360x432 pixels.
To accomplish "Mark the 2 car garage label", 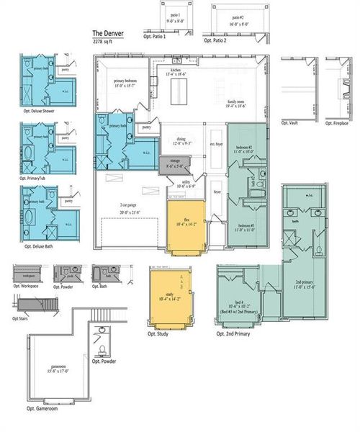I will point(130,207).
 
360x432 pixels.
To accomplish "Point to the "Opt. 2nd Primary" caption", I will point(233,334).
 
